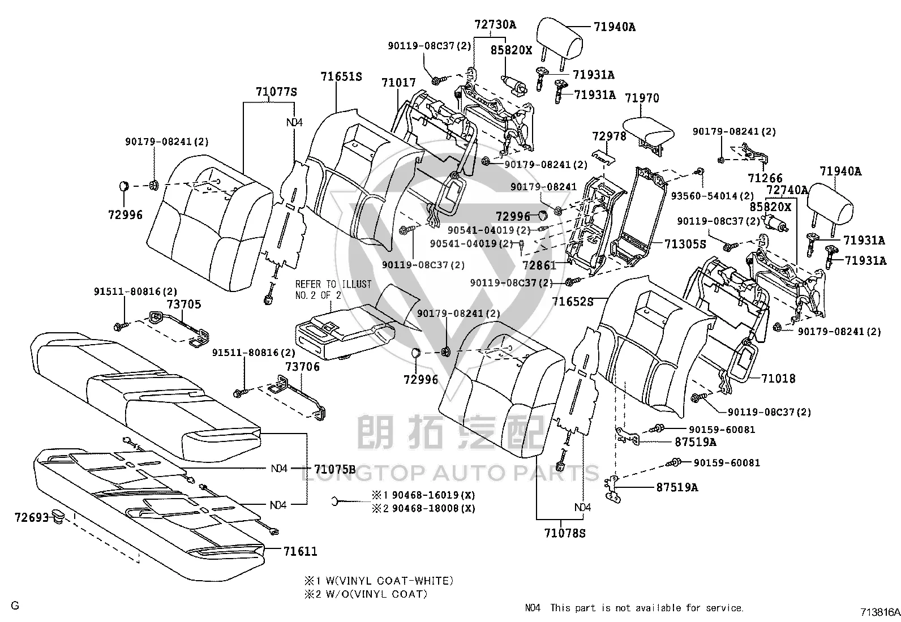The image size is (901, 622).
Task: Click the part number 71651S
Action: click(x=341, y=76)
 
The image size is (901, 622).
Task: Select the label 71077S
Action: click(x=276, y=92)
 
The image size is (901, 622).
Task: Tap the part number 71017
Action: click(x=398, y=83)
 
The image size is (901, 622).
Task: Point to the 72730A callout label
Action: click(x=495, y=24)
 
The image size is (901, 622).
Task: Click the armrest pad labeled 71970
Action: click(x=649, y=133)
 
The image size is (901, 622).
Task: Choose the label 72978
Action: click(x=609, y=136)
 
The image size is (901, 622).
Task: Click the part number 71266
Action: click(x=765, y=178)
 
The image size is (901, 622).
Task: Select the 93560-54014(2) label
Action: click(x=713, y=196)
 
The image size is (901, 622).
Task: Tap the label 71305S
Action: click(x=685, y=244)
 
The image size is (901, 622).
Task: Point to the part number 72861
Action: click(x=539, y=265)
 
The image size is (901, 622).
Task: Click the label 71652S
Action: click(x=573, y=301)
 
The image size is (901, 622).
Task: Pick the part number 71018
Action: click(x=778, y=378)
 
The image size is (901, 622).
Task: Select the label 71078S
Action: click(x=565, y=533)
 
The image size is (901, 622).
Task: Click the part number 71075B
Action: click(x=334, y=469)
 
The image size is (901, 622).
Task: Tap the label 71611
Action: click(x=301, y=551)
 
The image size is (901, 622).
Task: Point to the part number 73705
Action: click(x=184, y=304)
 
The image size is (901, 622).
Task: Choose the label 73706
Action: click(x=302, y=367)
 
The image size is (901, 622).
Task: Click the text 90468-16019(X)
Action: click(x=434, y=495)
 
